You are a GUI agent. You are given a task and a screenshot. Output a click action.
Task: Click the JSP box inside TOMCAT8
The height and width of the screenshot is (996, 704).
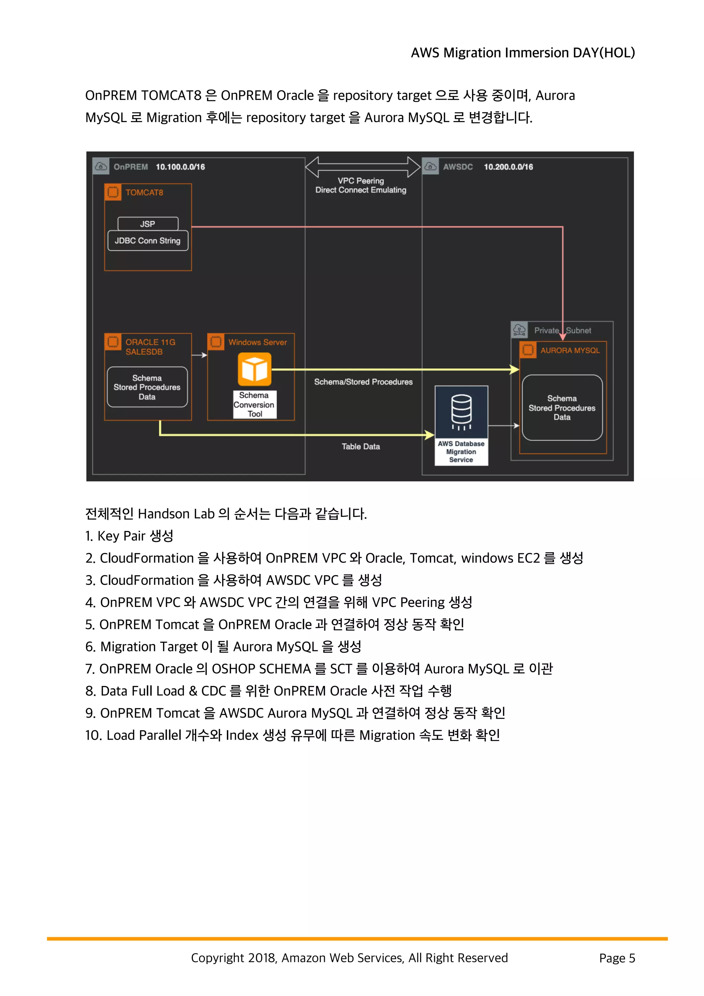click(148, 224)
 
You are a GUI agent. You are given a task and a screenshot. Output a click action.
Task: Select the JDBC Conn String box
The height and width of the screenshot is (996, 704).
click(147, 241)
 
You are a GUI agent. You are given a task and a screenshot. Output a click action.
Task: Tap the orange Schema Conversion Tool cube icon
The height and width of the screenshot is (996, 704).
click(255, 369)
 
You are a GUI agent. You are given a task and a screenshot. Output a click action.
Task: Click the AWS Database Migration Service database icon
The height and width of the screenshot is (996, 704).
click(461, 411)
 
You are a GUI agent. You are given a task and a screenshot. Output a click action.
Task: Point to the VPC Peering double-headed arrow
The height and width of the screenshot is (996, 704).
click(362, 167)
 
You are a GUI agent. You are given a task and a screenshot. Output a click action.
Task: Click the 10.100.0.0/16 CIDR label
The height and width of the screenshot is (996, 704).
click(180, 167)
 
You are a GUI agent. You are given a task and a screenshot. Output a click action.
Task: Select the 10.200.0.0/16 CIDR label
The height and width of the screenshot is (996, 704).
click(508, 167)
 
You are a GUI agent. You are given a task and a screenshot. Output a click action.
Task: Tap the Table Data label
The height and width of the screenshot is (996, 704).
click(361, 446)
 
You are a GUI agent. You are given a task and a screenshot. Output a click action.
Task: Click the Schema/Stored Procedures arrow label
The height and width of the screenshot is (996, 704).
click(363, 382)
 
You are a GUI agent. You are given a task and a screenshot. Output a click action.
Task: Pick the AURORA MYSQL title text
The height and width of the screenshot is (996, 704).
click(570, 351)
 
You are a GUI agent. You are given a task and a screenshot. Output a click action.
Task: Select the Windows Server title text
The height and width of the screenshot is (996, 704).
click(258, 342)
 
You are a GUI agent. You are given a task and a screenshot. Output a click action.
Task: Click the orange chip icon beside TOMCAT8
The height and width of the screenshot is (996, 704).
click(113, 192)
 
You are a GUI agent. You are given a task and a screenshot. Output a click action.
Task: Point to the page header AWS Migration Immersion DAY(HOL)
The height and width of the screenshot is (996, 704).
click(523, 53)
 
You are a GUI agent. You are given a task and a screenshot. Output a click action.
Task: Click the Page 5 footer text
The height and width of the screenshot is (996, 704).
click(617, 958)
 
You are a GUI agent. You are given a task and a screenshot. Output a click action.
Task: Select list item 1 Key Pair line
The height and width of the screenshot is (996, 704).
click(129, 536)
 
